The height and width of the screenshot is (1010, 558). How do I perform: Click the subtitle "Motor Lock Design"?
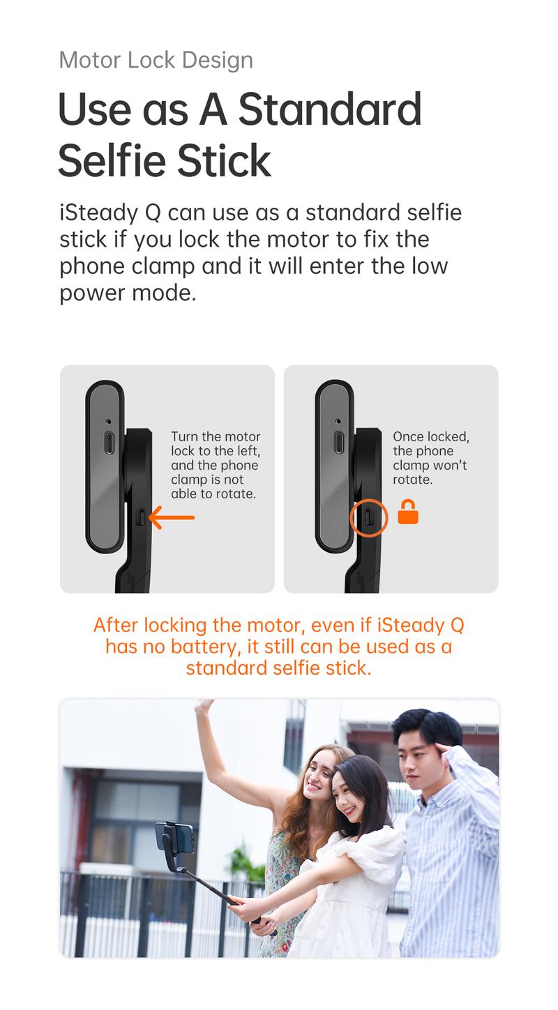[x=156, y=60]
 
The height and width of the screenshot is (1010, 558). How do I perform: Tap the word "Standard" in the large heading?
[x=330, y=109]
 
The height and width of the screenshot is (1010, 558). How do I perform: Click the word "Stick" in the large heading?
[x=223, y=160]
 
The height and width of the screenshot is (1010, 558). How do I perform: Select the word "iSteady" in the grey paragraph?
[x=100, y=213]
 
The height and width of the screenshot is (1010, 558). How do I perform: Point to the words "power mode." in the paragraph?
[x=128, y=293]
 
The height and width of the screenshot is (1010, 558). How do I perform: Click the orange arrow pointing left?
[x=172, y=517]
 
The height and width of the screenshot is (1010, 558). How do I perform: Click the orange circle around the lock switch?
[x=368, y=517]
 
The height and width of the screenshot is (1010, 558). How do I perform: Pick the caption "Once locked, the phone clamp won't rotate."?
[x=430, y=458]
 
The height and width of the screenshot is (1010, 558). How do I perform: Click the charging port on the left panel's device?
[x=109, y=443]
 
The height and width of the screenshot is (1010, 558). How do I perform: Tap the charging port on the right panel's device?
[x=338, y=443]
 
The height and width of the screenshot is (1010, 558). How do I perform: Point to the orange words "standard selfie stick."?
[x=278, y=668]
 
